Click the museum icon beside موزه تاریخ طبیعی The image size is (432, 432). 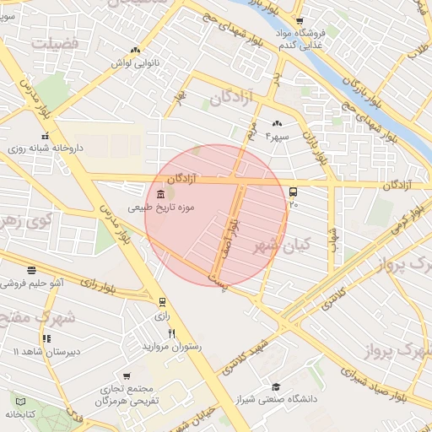(161, 195)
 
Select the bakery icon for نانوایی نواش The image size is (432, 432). (135, 51)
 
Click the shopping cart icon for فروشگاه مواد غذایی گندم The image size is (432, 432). (300, 23)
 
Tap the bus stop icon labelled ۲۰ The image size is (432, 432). (293, 192)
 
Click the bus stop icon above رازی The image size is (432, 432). (162, 302)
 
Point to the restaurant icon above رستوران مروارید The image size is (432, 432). (171, 334)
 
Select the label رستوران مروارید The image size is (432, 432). (170, 347)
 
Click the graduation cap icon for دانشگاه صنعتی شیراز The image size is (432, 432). (275, 386)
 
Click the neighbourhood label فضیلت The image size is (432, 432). (57, 40)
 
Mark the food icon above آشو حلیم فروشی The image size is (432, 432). (32, 271)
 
